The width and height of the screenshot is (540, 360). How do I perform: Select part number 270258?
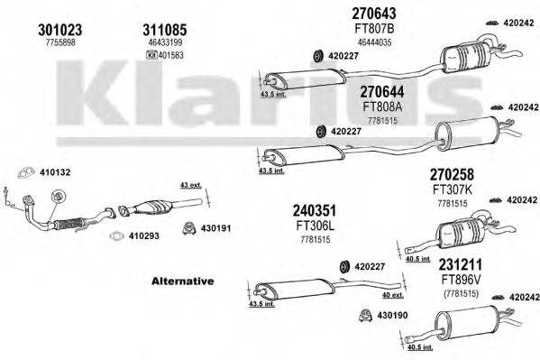coord(452,173)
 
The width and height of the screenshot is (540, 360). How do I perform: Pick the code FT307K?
coord(452,189)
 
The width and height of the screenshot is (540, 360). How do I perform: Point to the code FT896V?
coord(460,281)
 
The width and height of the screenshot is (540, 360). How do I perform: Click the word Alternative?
coord(182,281)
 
